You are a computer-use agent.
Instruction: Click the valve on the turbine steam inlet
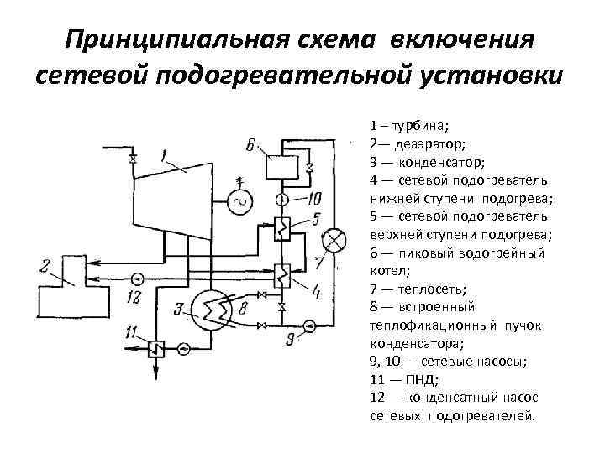click(x=132, y=159)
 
